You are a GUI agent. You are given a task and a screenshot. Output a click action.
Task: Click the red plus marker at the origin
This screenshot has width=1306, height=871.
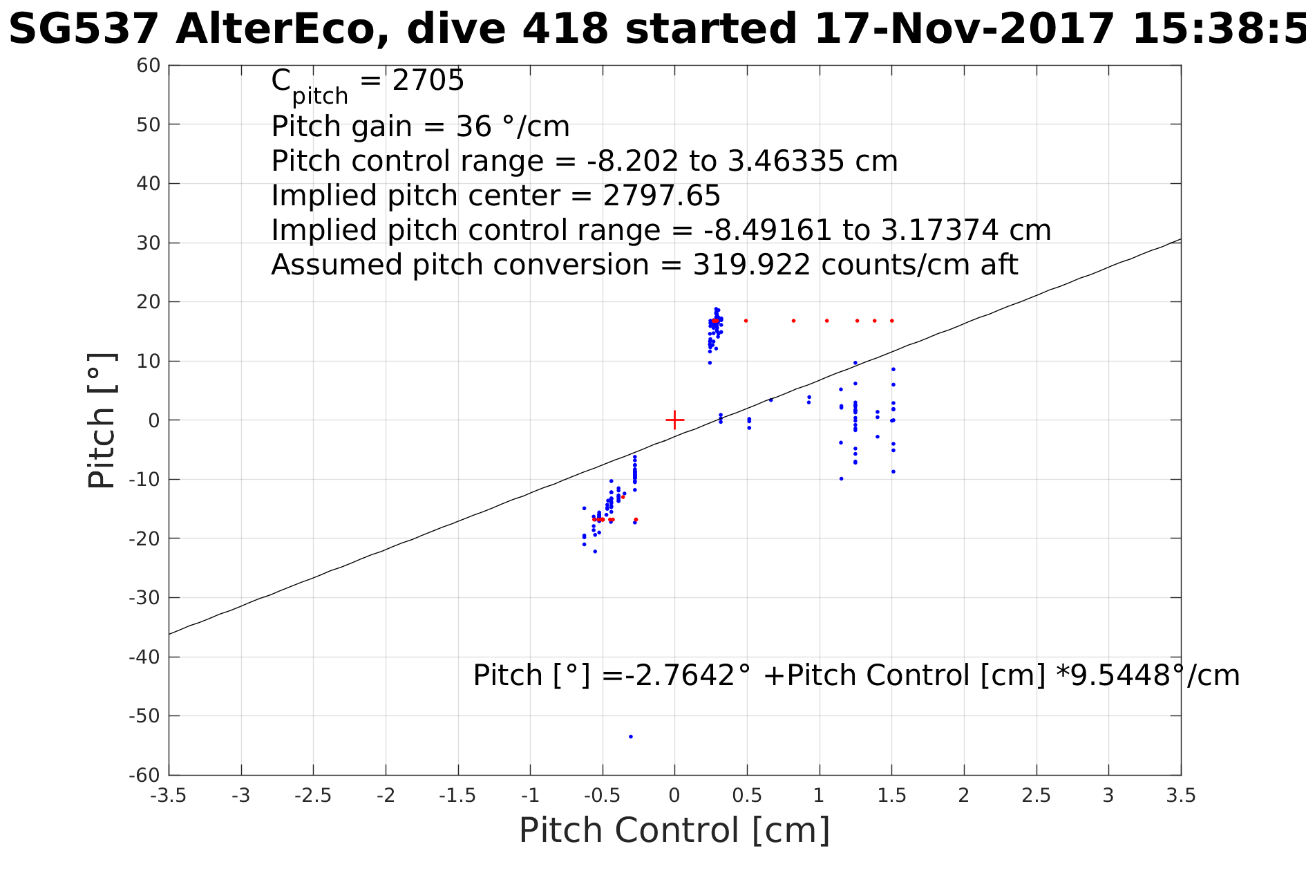(674, 420)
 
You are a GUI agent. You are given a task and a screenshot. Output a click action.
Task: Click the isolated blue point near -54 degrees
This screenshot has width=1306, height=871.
(630, 736)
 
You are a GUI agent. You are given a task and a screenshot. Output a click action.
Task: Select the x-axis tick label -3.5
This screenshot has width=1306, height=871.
(169, 796)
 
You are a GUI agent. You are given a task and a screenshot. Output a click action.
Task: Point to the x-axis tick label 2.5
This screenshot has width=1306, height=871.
(1036, 796)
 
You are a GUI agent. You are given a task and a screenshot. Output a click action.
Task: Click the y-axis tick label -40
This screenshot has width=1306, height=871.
(144, 657)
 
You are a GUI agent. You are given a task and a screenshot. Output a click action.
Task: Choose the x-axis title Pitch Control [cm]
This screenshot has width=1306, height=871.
(674, 830)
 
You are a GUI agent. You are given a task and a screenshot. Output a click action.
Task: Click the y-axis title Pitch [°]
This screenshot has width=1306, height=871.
(102, 420)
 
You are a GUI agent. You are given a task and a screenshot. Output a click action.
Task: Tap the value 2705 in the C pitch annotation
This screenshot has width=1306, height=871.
(428, 81)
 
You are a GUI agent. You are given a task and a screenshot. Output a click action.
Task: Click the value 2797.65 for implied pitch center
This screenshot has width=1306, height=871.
(662, 196)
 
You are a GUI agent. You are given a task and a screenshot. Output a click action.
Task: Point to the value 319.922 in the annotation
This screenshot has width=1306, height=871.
(752, 265)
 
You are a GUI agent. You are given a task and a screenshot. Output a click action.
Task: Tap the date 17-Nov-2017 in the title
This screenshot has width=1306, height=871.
(964, 30)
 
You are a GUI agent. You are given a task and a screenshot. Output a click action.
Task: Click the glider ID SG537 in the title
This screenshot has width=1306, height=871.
(84, 30)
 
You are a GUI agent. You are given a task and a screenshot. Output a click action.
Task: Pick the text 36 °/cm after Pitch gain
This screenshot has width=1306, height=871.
(513, 127)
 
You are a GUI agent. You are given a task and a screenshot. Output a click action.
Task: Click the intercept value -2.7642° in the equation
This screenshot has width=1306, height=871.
(686, 675)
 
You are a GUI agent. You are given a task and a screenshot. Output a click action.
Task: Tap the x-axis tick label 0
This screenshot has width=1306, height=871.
(674, 796)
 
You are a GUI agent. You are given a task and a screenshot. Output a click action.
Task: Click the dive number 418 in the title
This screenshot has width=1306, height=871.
(565, 30)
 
